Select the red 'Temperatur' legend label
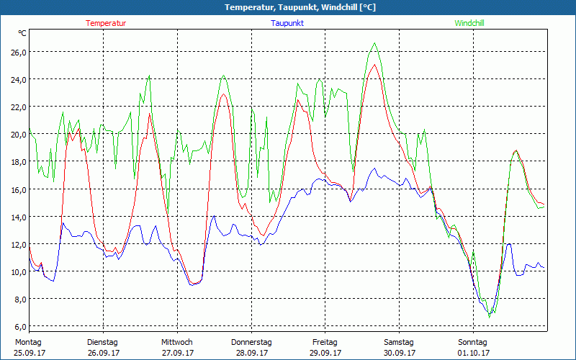point(106,23)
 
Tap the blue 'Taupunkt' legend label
point(287,23)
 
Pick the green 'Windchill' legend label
point(469,23)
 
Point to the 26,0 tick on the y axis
point(18,52)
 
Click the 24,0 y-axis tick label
point(18,79)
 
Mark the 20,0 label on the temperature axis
point(18,134)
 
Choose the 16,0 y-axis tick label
point(18,189)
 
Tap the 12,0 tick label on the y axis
point(18,244)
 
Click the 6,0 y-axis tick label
point(18,326)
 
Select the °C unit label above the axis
point(22,33)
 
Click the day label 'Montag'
point(29,342)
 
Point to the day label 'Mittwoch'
point(177,342)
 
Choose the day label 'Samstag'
point(399,342)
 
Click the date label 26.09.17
point(103,353)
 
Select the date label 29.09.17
point(325,353)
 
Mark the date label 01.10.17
point(473,353)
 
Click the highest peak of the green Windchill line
point(374,43)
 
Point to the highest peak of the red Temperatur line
point(374,65)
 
